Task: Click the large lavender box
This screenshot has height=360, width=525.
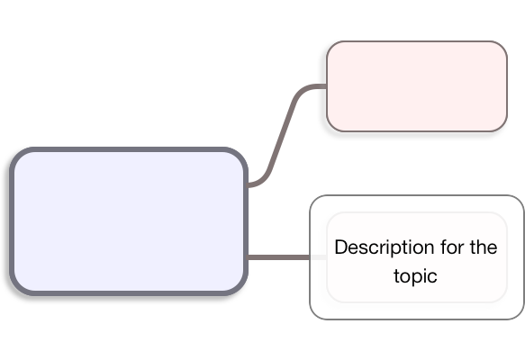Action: [129, 221]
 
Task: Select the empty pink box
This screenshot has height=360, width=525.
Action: [417, 86]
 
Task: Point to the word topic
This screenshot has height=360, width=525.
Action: [415, 276]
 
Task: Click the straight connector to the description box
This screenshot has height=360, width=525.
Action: [278, 257]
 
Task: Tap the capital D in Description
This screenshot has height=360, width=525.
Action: [341, 247]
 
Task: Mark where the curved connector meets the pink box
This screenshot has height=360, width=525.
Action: [327, 86]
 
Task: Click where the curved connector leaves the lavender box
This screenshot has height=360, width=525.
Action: [249, 184]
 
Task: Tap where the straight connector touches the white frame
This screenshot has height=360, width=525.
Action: [310, 257]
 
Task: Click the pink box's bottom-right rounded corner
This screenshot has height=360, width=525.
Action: [502, 127]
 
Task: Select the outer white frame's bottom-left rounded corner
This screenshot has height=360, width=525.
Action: [315, 314]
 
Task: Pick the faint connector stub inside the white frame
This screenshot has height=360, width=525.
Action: [319, 257]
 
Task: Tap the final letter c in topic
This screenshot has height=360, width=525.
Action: [433, 277]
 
